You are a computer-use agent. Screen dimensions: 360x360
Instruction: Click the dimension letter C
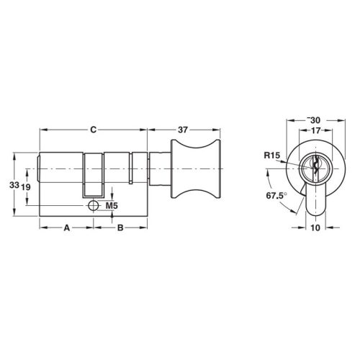click(x=93, y=130)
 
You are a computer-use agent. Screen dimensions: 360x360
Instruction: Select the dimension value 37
click(x=182, y=130)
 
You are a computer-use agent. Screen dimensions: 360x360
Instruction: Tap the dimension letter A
click(x=67, y=228)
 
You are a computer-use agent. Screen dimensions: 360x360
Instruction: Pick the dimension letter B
click(x=120, y=228)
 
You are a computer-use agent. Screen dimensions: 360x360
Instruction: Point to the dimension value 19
click(x=26, y=186)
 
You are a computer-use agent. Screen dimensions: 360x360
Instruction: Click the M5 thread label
click(x=112, y=207)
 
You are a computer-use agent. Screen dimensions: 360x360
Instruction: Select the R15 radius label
click(x=272, y=155)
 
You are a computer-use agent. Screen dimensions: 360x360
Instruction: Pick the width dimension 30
click(x=314, y=120)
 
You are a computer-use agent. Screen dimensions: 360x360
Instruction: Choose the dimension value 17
click(x=314, y=130)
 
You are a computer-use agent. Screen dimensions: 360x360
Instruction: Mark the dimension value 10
click(x=315, y=228)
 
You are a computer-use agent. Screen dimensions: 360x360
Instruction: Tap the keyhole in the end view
click(x=314, y=165)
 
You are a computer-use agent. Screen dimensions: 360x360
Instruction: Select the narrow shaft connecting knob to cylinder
click(x=158, y=170)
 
